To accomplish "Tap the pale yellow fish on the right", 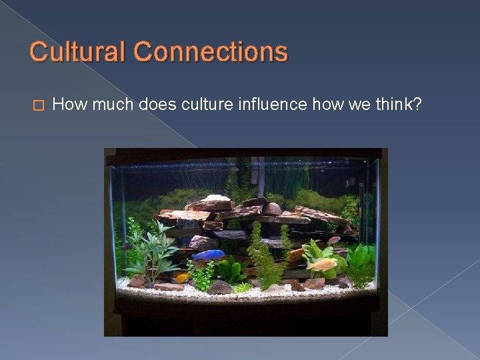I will pyautogui.click(x=321, y=265).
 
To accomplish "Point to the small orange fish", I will pyautogui.click(x=181, y=277).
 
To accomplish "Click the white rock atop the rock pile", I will pyautogui.click(x=215, y=198).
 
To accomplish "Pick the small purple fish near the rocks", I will pyautogui.click(x=333, y=240).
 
